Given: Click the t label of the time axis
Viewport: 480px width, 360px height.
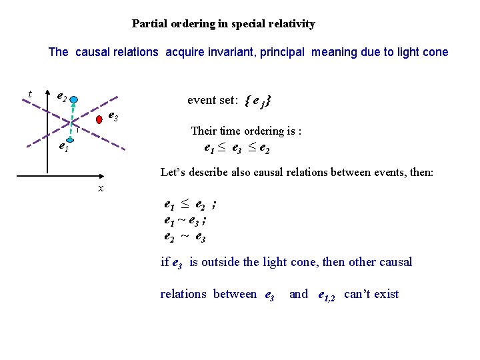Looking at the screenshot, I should (x=30, y=94).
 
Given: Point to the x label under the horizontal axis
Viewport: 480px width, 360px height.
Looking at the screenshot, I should (x=101, y=189).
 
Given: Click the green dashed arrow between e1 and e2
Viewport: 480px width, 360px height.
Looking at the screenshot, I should (x=72, y=120).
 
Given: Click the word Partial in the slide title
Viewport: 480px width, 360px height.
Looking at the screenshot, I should (x=149, y=24).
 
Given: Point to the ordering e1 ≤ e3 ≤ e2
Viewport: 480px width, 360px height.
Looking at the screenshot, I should (x=236, y=148).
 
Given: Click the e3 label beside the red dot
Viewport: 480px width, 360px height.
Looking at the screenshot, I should (x=113, y=117).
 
